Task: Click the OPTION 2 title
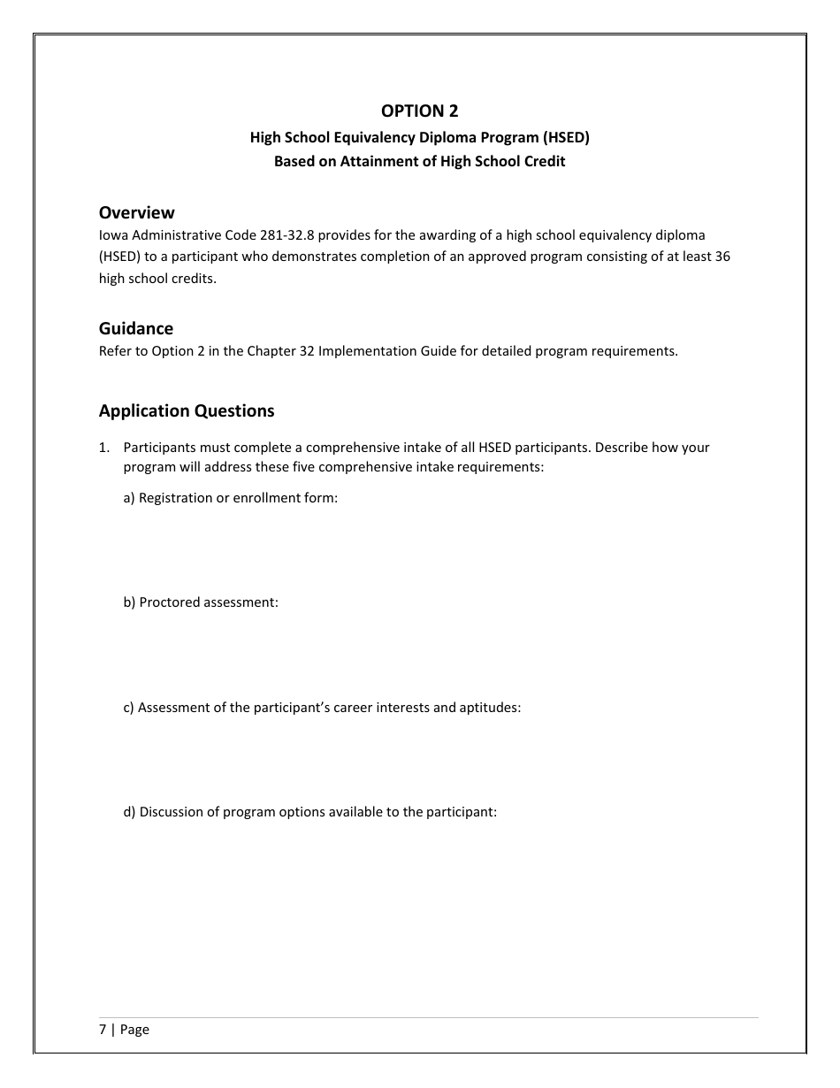419,111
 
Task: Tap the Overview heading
136,212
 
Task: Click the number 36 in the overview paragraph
722,257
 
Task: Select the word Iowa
113,235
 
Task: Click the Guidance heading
135,329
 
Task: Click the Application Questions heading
187,410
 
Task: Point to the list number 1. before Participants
104,448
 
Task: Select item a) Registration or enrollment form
231,497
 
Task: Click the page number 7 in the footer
103,1030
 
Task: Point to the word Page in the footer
134,1030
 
